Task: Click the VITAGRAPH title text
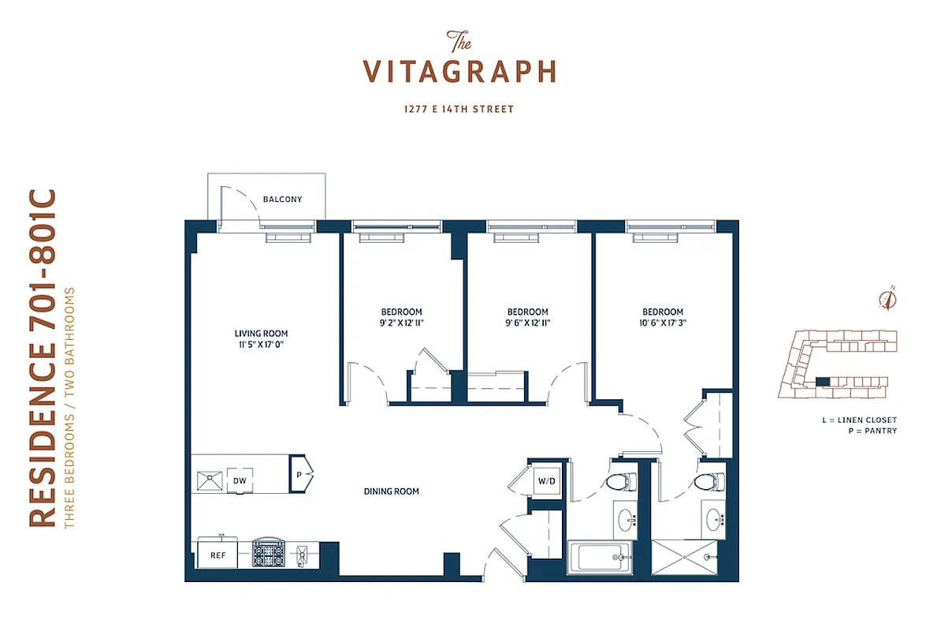pos(459,70)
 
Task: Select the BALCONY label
pos(282,200)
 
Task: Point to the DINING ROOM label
pos(391,491)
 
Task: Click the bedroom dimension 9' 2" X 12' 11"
pos(402,323)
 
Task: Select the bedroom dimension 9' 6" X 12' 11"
pos(527,323)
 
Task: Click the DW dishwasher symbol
pos(240,480)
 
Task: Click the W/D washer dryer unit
pos(546,480)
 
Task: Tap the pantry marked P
pos(300,476)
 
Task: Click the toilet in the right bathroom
pos(706,481)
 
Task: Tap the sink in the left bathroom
pos(627,518)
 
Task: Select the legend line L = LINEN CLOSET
pos(858,420)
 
